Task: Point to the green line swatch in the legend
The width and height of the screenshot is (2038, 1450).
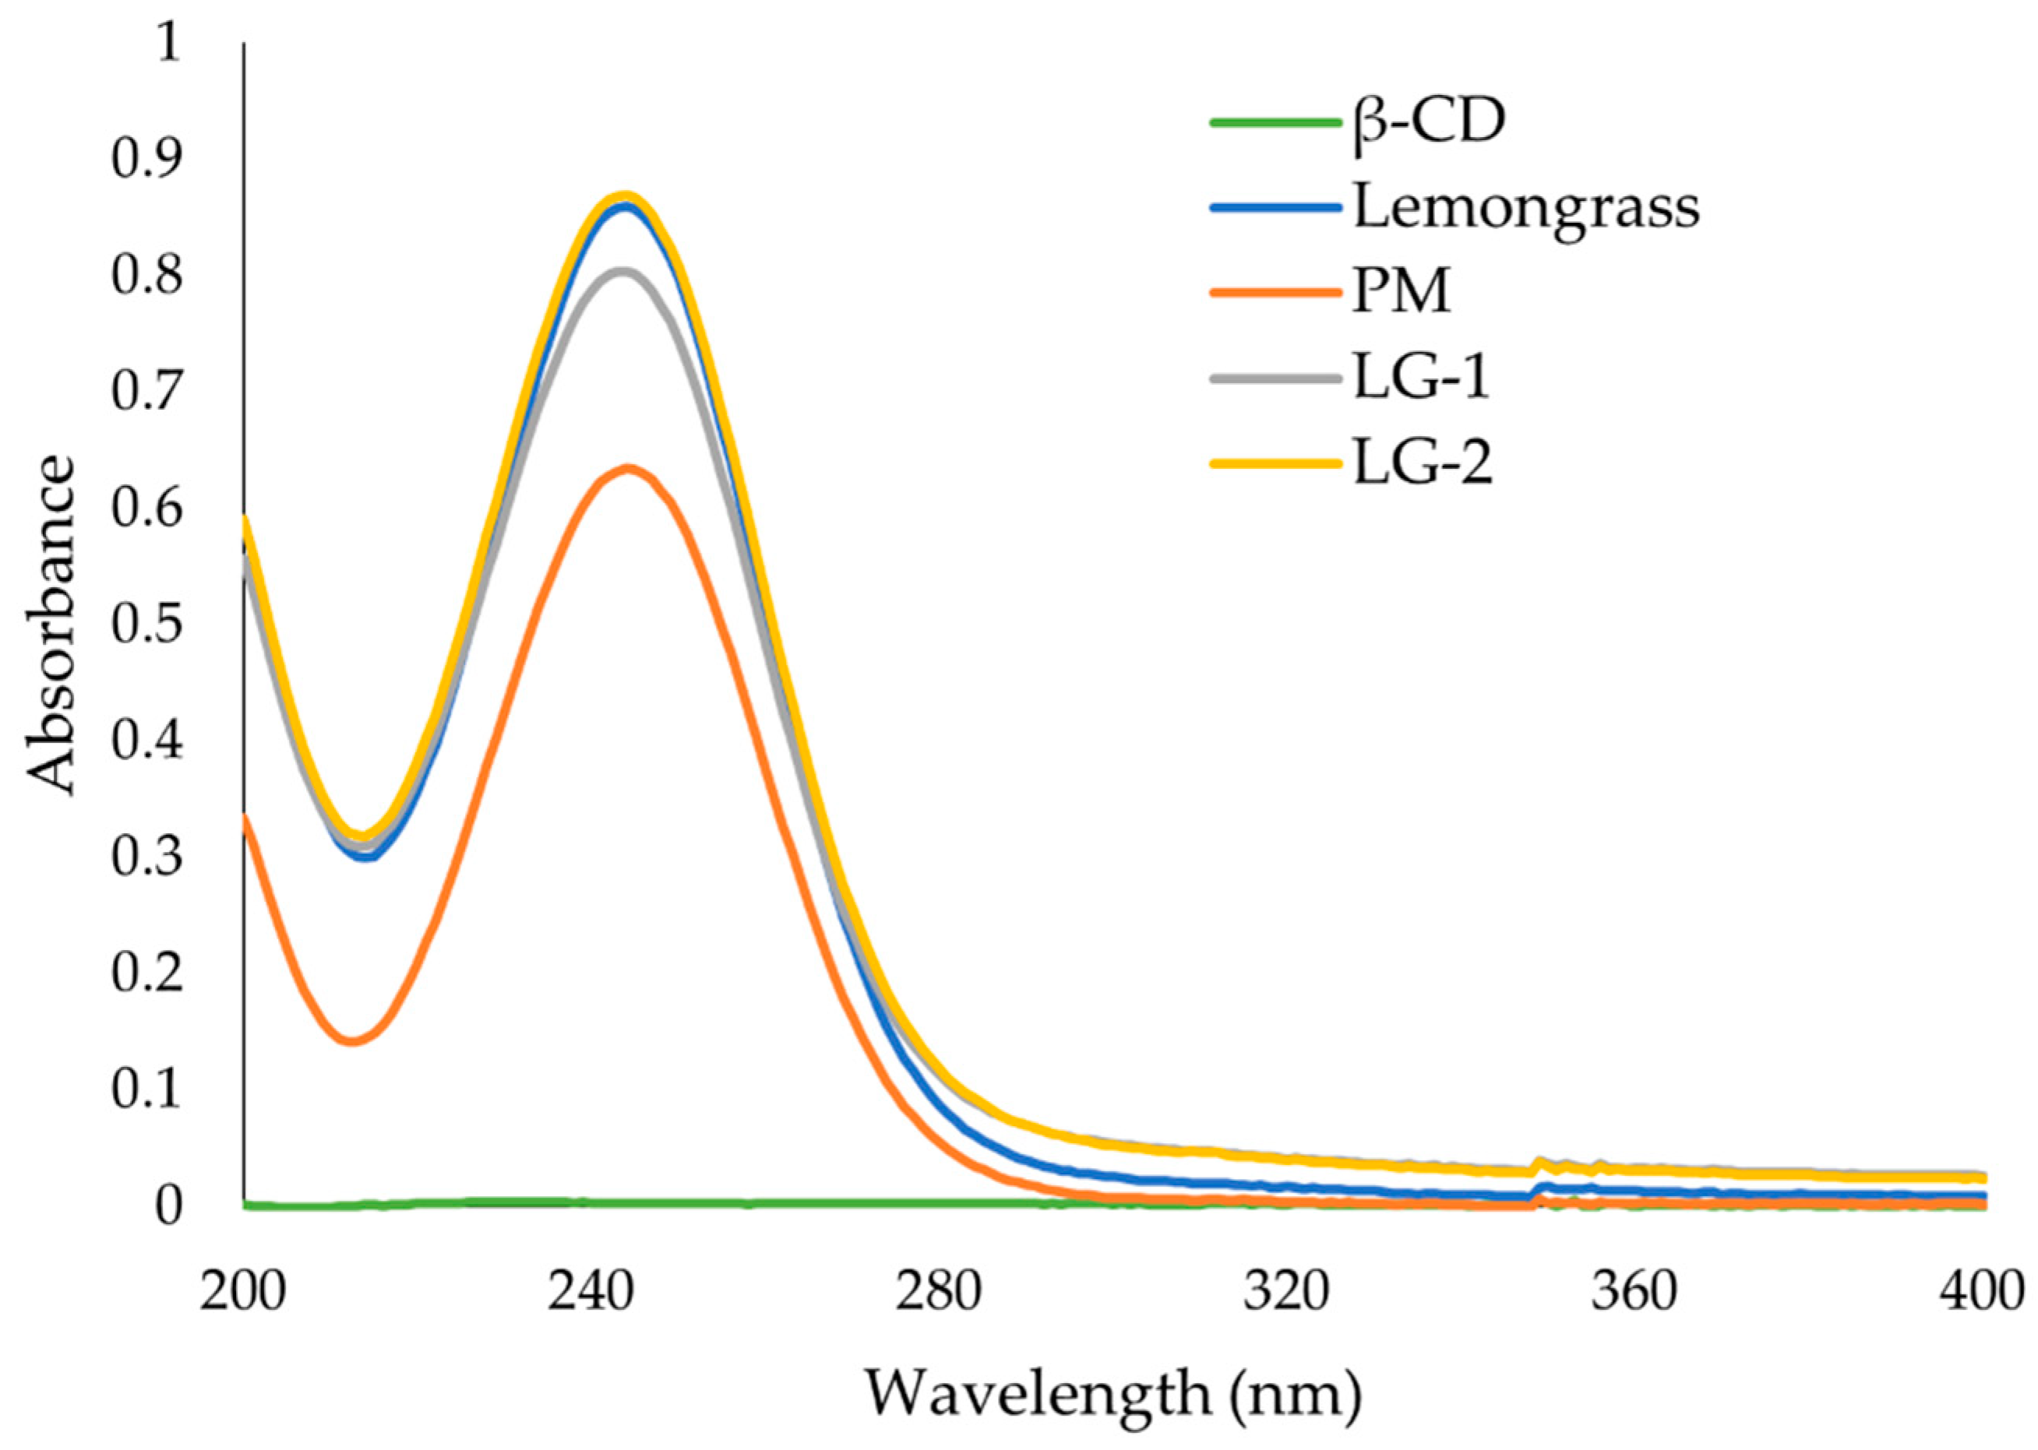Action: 1275,123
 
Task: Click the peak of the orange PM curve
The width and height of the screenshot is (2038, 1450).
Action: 628,467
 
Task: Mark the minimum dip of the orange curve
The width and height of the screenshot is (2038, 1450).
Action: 353,1040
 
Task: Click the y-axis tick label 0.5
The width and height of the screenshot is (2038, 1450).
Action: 146,622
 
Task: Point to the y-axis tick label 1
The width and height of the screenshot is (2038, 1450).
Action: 168,43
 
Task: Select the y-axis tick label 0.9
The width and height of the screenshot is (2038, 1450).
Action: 146,158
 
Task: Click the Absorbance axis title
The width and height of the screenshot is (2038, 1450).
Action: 50,625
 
